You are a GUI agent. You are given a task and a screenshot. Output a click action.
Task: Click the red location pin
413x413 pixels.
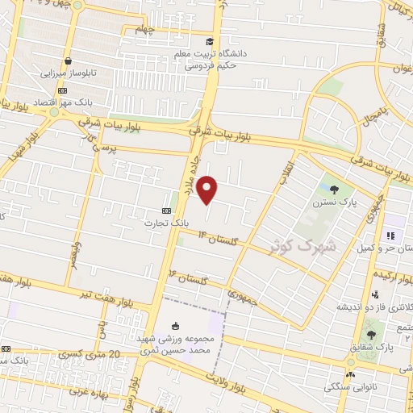point(208,190)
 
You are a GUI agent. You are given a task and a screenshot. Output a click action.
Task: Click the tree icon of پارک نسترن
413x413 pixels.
point(335,188)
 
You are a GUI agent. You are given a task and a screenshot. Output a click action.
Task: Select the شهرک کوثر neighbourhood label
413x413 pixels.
point(295,244)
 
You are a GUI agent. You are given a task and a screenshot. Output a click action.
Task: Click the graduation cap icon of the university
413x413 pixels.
point(210,41)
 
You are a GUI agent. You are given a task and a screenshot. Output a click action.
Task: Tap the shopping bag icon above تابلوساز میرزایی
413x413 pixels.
point(69,60)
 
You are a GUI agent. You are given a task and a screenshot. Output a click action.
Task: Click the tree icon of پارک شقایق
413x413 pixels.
point(371,334)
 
